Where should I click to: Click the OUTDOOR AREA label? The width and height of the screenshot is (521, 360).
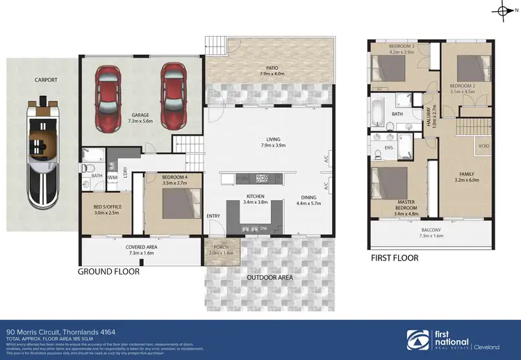(x=270, y=277)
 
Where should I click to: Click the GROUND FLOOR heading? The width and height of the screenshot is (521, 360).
(x=108, y=272)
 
